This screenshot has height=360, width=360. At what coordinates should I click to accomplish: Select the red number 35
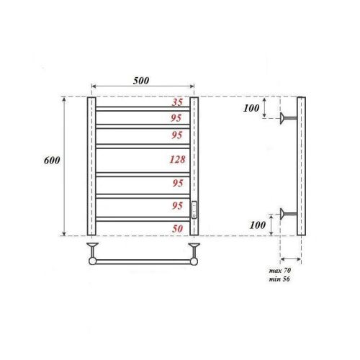(176, 103)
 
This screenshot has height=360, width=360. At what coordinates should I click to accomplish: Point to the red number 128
(174, 160)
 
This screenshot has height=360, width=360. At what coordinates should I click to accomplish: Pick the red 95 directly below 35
(176, 117)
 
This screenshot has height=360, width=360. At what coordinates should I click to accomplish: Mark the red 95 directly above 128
(176, 135)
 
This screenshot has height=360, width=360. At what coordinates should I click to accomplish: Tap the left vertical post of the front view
(91, 166)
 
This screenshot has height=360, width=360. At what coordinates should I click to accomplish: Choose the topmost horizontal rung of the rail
(143, 109)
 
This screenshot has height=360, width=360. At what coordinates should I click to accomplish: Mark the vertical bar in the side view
(302, 166)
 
